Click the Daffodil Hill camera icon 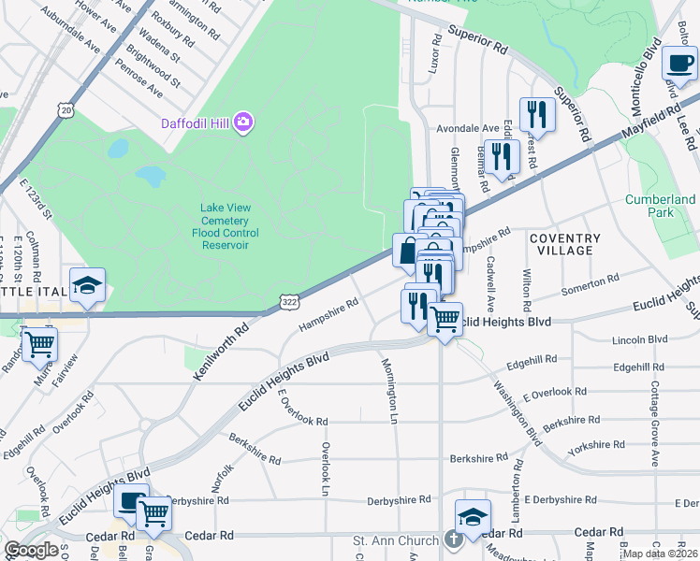pos(244,122)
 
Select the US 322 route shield pos(289,301)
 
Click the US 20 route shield pos(66,110)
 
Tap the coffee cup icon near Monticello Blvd pos(679,64)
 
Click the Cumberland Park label pos(661,206)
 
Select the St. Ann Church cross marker pos(453,540)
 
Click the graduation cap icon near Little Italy pos(87,286)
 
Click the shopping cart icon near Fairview pos(39,344)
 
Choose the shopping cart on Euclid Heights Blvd pos(445,319)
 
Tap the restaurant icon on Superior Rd pos(537,114)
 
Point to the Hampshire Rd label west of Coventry pos(328,314)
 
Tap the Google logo pos(32,549)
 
